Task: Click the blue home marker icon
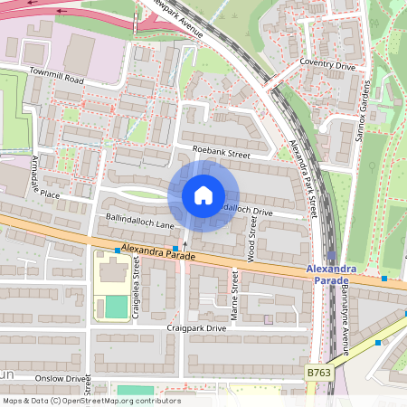tap(203, 195)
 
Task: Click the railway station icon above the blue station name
tap(332, 257)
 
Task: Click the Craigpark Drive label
tap(196, 327)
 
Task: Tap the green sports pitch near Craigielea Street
tap(116, 307)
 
